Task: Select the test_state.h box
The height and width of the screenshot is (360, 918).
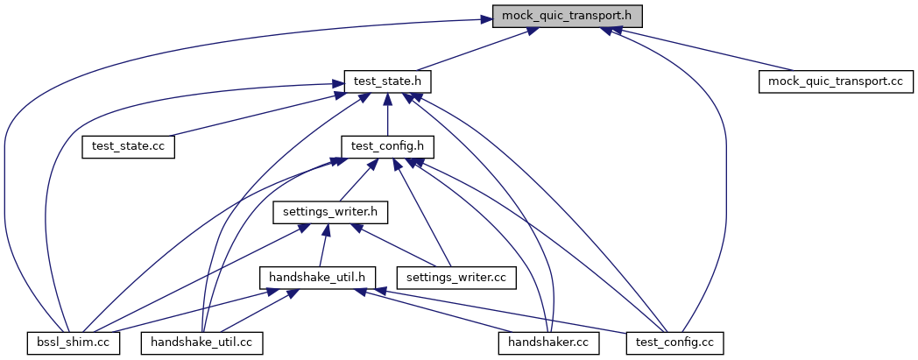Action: [x=387, y=81]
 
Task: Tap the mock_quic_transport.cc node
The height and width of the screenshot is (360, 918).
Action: [x=836, y=81]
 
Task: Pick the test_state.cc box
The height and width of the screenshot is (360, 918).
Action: [x=128, y=146]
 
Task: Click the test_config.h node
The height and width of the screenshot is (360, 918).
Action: [x=387, y=146]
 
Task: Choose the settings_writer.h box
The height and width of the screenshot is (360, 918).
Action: [x=330, y=212]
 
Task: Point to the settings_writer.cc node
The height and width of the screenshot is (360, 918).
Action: [x=455, y=277]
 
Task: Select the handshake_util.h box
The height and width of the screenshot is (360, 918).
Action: [x=318, y=277]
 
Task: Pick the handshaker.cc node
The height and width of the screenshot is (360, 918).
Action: [x=548, y=342]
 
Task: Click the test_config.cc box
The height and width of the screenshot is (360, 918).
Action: [x=675, y=342]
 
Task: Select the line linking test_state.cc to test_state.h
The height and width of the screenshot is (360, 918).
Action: [x=254, y=115]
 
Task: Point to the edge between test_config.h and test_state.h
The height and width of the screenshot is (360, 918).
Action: [x=387, y=114]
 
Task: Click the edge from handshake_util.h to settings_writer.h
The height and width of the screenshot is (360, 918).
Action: [x=324, y=244]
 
